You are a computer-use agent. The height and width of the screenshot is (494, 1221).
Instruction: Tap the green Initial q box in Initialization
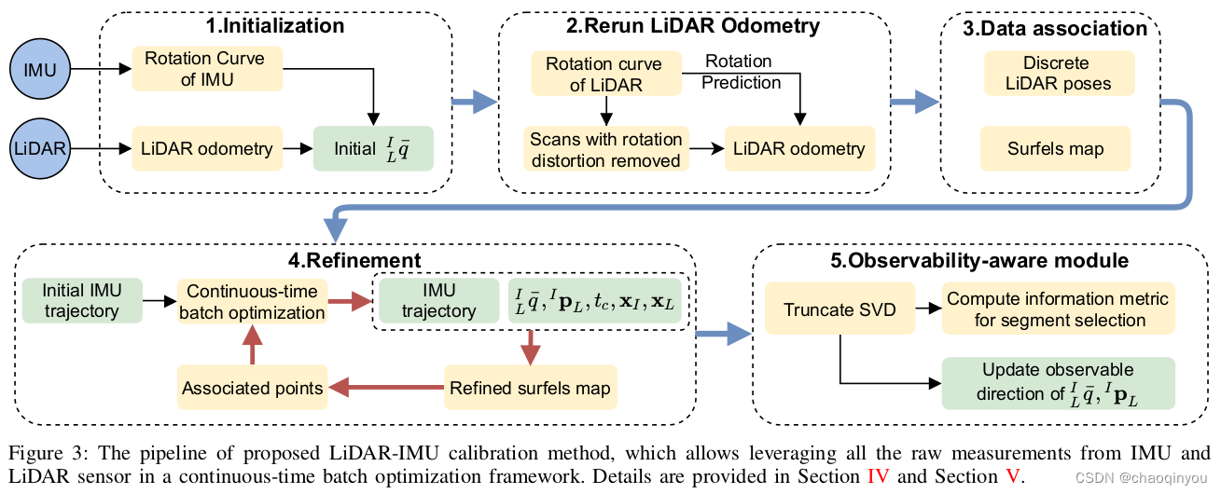372,147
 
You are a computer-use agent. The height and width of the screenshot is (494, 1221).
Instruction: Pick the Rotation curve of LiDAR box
604,75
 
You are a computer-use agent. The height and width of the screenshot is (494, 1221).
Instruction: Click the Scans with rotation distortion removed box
606,149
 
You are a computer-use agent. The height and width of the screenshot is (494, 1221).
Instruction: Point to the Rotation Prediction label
741,72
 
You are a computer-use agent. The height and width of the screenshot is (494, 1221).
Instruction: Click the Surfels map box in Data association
1055,148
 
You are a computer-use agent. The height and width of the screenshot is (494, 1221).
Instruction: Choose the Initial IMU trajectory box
81,300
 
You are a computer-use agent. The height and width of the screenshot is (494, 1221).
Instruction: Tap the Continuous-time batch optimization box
253,301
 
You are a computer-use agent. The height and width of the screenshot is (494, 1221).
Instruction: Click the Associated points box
253,388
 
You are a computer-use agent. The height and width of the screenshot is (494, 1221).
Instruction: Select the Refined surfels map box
530,388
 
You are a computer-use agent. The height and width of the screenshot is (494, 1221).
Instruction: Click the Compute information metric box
1058,309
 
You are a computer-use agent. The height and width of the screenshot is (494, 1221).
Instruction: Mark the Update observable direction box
1058,382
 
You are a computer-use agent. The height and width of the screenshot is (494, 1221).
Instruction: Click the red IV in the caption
878,476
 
